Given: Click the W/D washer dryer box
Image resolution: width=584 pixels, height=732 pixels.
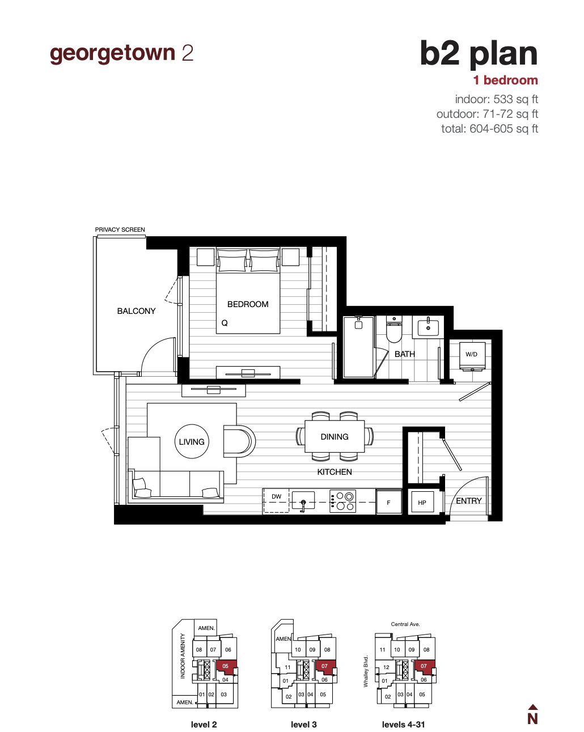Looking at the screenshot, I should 472,355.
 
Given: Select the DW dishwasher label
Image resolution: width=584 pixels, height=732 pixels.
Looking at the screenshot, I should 277,497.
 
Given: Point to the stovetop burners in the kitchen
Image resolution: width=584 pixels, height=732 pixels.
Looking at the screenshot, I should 343,501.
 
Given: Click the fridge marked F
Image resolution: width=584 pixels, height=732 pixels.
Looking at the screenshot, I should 389,503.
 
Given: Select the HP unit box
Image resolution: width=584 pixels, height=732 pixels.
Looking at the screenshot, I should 422,503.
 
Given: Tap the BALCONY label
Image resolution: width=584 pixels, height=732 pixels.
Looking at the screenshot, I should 136,311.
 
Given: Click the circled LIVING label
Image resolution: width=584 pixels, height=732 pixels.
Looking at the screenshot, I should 192,442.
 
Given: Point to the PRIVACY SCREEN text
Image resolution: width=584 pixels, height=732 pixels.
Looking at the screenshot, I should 120,229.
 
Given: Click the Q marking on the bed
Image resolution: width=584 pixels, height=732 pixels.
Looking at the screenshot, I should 225,323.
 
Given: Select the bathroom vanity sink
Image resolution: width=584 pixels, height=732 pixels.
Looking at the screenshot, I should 428,327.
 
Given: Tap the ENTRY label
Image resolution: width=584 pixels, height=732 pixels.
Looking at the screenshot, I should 469,501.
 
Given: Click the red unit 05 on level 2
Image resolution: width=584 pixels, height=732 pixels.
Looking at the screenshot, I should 226,666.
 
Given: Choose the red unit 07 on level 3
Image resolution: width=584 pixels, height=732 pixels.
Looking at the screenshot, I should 324,666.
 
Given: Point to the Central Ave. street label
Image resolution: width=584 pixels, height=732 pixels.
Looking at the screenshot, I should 405,624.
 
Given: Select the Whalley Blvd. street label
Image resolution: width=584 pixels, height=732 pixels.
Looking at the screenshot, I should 366,671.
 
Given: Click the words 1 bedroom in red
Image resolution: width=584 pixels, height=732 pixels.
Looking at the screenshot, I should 506,80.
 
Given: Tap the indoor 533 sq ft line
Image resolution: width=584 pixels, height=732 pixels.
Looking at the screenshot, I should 496,99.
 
